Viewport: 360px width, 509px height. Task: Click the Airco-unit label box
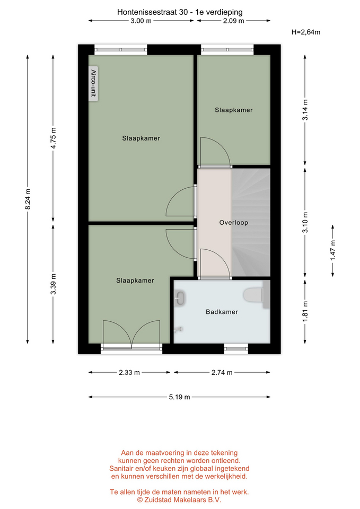93,83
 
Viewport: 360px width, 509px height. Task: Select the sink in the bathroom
180,298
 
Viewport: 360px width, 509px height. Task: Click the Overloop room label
233,222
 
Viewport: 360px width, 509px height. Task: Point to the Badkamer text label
222,312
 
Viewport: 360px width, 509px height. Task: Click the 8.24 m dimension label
28,199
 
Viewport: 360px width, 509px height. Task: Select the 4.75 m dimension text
53,138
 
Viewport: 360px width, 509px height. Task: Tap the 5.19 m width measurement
179,397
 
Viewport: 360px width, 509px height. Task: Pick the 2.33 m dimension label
129,372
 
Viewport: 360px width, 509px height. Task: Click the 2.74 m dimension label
222,372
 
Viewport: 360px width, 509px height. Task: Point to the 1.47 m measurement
333,250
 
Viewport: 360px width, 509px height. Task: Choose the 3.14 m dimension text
305,110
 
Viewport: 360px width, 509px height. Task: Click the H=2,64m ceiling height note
306,32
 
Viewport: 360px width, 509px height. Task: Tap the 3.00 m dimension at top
141,21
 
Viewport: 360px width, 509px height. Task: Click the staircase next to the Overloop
251,222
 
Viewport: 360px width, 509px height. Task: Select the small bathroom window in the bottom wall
236,349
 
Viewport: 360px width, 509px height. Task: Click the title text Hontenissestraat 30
152,12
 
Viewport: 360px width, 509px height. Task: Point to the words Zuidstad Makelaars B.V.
183,500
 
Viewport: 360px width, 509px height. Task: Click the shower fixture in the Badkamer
178,330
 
